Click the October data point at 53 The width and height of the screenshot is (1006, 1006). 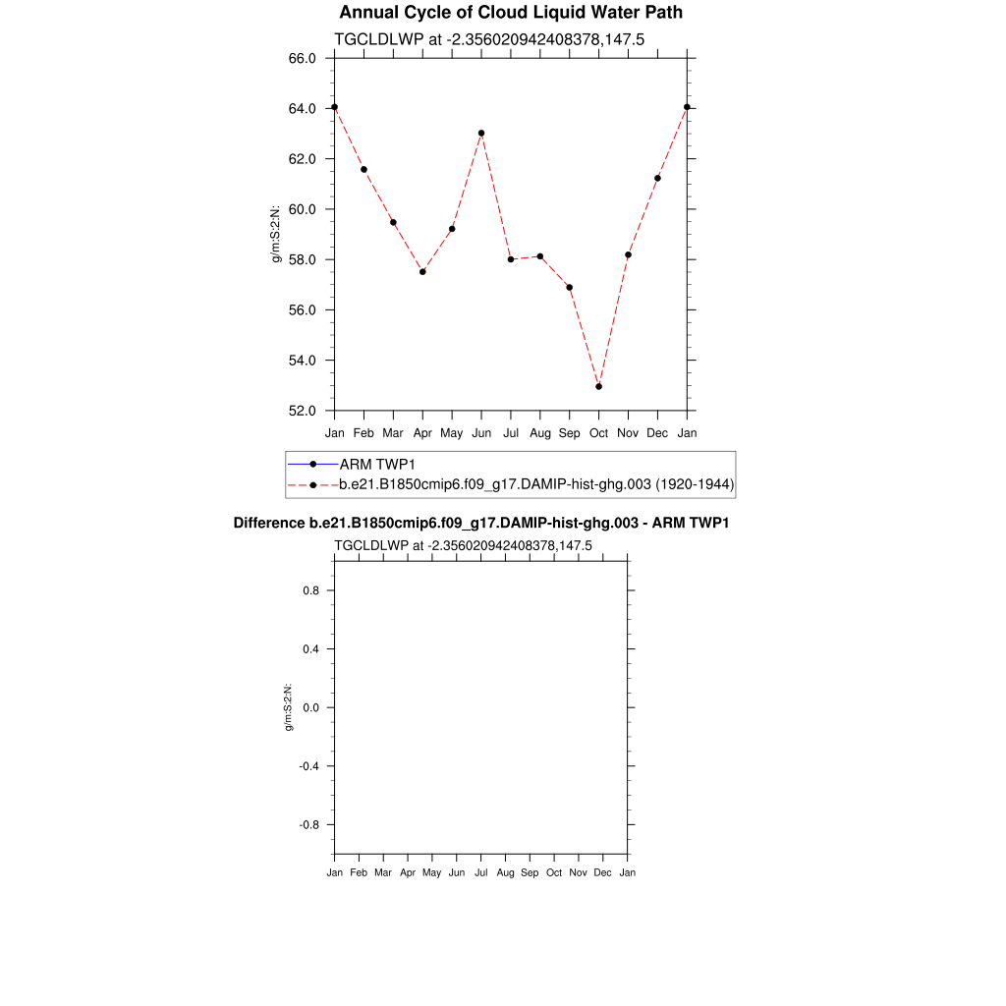click(598, 386)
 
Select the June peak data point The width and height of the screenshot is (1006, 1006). click(481, 133)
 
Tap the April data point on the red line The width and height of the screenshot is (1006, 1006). click(422, 271)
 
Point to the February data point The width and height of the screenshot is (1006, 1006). click(363, 169)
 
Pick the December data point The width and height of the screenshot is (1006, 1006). click(657, 178)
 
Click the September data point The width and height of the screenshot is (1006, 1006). click(570, 287)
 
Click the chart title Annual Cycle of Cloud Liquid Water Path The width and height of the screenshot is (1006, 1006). click(511, 13)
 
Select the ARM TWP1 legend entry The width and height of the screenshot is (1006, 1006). click(377, 464)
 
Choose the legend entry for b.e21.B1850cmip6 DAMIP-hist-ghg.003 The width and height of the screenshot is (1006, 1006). click(536, 484)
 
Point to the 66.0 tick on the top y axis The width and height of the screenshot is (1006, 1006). click(302, 58)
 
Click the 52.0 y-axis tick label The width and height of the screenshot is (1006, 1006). click(302, 411)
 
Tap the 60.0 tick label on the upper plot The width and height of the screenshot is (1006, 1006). click(302, 209)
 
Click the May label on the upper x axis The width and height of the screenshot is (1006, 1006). click(452, 432)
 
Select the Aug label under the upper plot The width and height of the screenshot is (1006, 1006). click(539, 432)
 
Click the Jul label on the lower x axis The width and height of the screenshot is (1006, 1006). click(481, 872)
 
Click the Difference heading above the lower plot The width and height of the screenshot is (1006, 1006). click(481, 523)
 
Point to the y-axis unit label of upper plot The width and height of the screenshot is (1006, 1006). click(277, 234)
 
